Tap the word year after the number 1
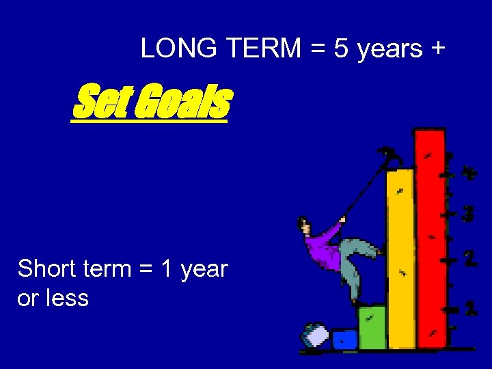coord(204,270)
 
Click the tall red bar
coord(430,239)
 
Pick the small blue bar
coord(344,339)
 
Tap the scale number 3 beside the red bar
coord(467,214)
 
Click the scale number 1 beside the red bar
coord(471,308)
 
